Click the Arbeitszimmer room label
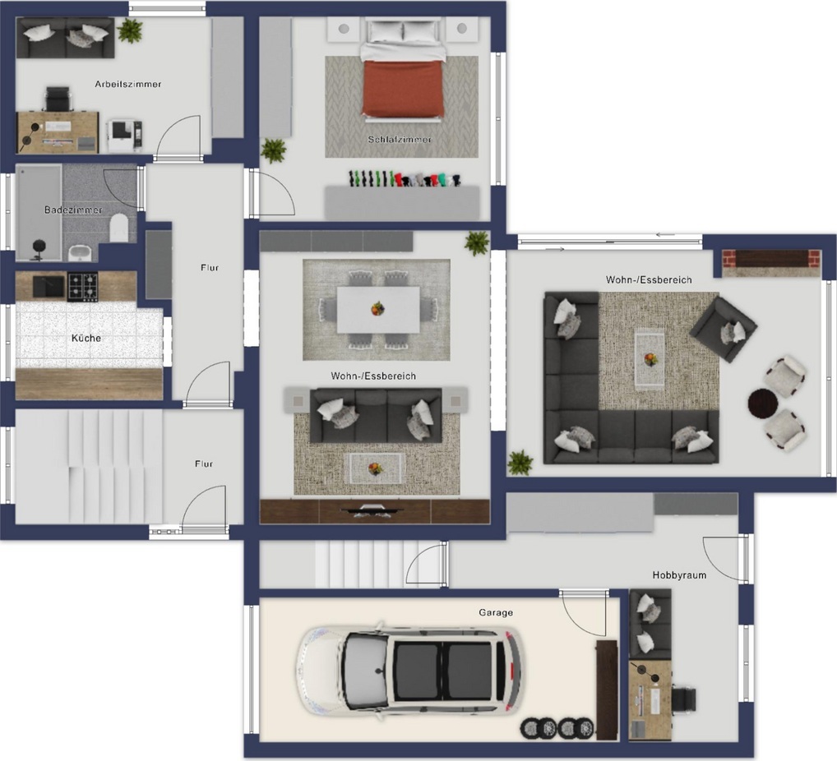[x=128, y=85]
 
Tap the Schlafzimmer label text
[x=400, y=139]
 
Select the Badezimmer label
[x=73, y=210]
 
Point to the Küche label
[x=86, y=338]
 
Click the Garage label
[x=496, y=612]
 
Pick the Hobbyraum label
[x=679, y=575]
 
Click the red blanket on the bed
[x=403, y=88]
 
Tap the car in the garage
[x=409, y=671]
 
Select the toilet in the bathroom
[x=119, y=228]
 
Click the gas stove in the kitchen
[x=82, y=287]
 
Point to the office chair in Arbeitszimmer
[x=57, y=99]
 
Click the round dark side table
[x=761, y=403]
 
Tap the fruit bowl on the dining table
[x=378, y=308]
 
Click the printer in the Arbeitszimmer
[x=125, y=135]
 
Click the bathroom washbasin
[x=80, y=252]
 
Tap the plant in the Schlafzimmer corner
[x=273, y=150]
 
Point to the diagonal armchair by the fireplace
[x=724, y=330]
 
